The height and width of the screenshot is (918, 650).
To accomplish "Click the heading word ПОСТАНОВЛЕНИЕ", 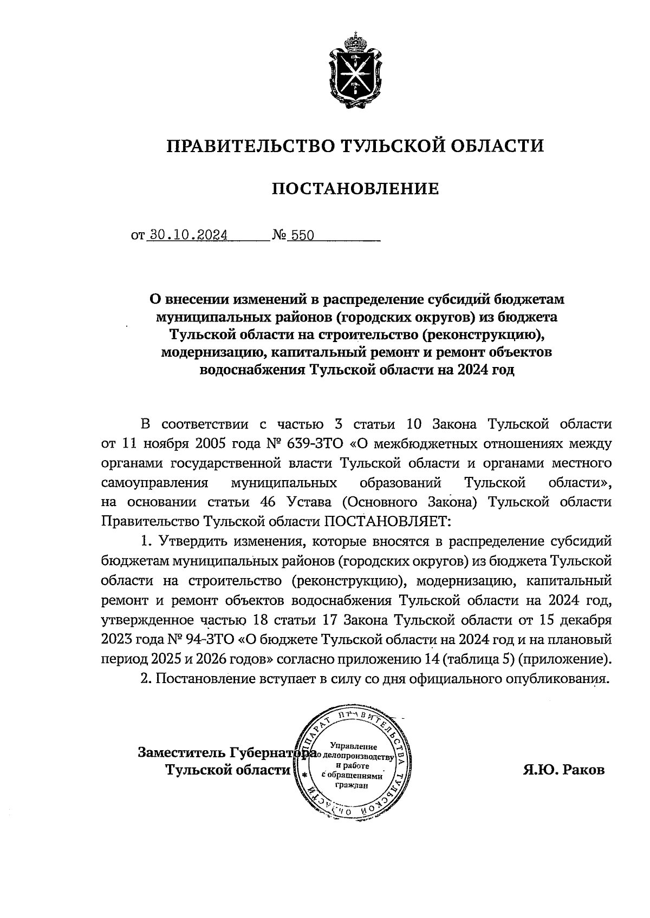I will click(355, 189).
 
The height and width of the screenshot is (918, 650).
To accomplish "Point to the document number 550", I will click(303, 235).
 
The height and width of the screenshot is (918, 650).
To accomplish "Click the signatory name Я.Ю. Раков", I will click(563, 770).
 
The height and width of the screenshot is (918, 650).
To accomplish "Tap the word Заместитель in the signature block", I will click(182, 752).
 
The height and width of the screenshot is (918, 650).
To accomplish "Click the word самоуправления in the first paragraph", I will click(155, 482).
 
